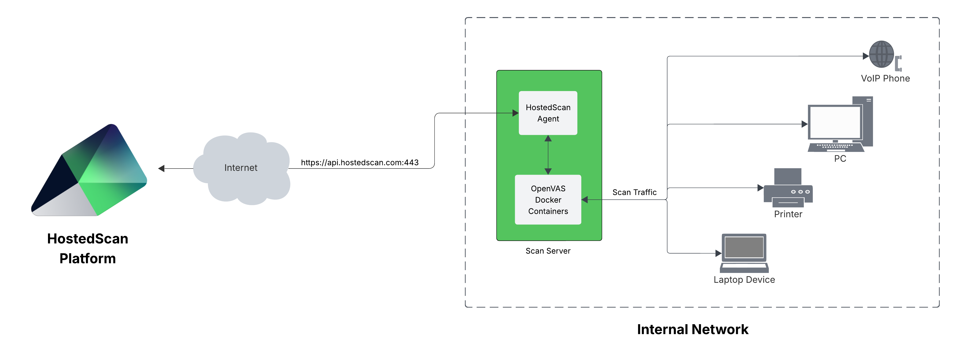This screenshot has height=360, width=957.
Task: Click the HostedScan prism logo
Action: [89, 171]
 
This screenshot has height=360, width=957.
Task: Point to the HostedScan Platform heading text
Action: [88, 248]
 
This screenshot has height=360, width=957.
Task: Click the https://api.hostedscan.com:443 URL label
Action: [359, 162]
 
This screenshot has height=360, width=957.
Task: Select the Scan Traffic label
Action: [634, 192]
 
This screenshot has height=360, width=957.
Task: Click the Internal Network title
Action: [692, 329]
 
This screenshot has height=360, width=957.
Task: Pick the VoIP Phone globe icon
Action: [881, 54]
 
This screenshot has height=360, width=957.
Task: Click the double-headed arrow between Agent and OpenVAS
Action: [548, 154]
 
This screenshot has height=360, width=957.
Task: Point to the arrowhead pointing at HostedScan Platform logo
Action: [161, 168]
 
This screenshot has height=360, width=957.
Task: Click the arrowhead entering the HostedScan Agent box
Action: [515, 113]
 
